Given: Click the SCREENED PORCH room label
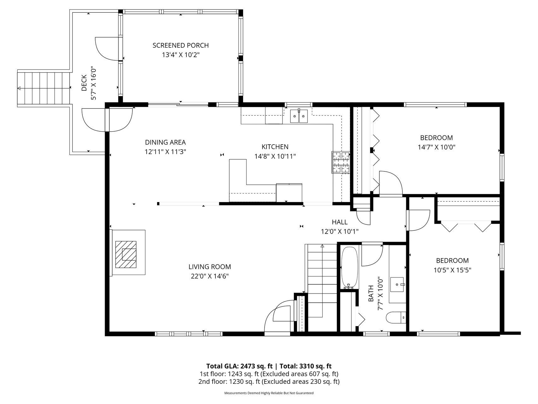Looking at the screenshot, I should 180,45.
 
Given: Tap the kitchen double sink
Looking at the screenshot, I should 299,116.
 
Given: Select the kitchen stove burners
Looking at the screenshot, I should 341,162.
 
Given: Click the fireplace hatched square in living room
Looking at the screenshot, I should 126,254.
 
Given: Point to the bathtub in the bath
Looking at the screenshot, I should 349,268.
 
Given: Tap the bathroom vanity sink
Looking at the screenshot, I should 397,285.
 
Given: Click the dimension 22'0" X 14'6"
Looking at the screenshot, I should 209,276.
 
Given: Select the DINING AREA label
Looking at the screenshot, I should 165,142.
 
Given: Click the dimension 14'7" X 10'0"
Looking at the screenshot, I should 436,147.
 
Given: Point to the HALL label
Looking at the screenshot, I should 340,222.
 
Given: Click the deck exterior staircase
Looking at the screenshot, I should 43,88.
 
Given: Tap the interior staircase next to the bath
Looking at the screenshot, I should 322,281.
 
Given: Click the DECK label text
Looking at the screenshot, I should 84,83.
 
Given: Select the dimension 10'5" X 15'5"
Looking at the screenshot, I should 452,270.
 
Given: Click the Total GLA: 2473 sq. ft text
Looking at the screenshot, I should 239,366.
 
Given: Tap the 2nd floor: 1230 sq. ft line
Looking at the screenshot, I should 269,382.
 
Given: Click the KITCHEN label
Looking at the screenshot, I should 275,147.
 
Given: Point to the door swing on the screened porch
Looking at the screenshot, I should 107,49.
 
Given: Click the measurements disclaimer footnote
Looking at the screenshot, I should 269,393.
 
